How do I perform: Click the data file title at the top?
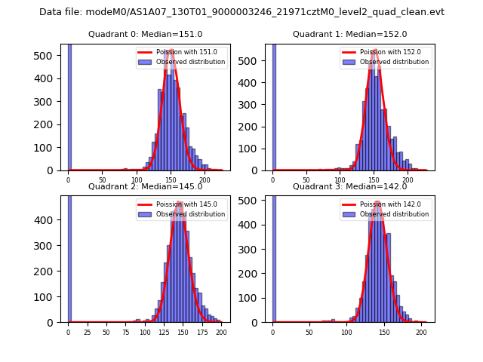click(x=241, y=12)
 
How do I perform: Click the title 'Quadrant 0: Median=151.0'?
click(x=145, y=35)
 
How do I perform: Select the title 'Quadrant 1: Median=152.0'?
click(x=349, y=35)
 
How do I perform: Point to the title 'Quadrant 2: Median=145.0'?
click(x=145, y=186)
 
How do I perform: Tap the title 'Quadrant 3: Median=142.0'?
click(x=349, y=186)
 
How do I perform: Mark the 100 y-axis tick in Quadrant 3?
click(x=257, y=296)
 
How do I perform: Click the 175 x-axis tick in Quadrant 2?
click(x=202, y=332)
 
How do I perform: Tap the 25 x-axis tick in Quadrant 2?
click(x=87, y=332)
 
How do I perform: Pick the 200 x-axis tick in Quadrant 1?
click(x=408, y=180)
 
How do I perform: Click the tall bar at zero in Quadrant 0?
click(x=69, y=106)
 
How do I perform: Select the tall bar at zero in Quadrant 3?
click(x=274, y=256)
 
